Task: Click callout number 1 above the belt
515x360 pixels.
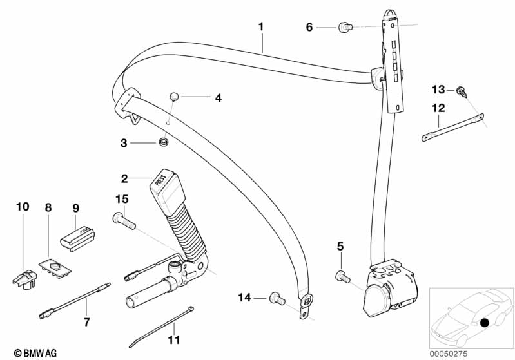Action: pos(261,26)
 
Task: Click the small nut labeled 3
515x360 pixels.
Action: pos(164,142)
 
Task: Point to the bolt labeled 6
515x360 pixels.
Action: pos(345,26)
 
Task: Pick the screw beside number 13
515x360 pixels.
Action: pos(462,91)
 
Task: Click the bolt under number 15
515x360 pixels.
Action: pos(124,221)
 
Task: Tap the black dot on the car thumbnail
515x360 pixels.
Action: pos(484,321)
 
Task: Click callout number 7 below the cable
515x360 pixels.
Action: pos(88,321)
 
